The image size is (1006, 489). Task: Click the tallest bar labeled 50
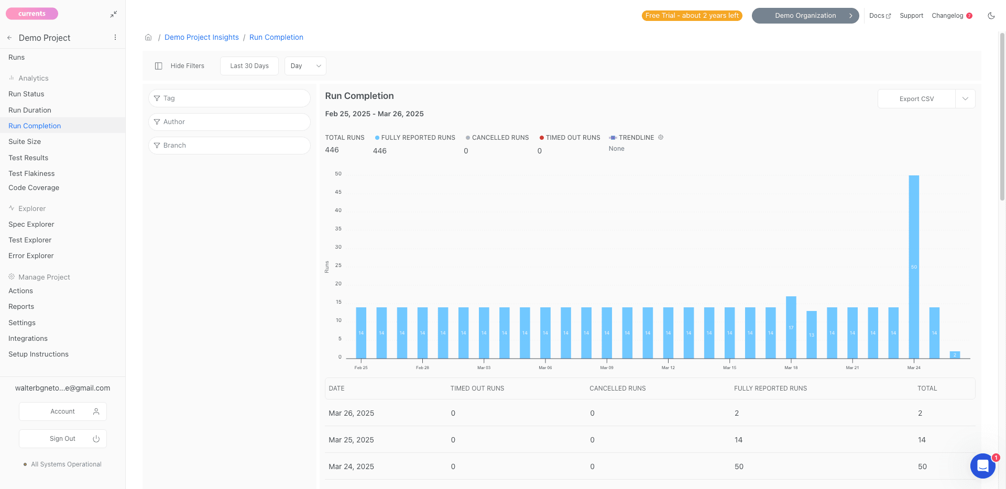[x=914, y=267]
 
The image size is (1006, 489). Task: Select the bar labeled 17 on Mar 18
[x=791, y=327]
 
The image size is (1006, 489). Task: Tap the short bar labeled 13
[x=812, y=335]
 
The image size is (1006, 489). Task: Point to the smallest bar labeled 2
[x=955, y=355]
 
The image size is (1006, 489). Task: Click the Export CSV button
[x=916, y=99]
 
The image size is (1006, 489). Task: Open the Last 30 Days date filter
[x=249, y=66]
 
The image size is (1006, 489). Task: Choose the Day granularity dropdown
[x=305, y=66]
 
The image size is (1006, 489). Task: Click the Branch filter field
[x=229, y=146]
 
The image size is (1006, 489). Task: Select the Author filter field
[x=229, y=122]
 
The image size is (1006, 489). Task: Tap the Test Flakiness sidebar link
[x=31, y=173]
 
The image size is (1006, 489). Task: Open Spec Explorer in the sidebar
[x=31, y=224]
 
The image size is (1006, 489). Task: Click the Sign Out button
[x=63, y=439]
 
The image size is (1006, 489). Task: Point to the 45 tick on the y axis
[x=338, y=192]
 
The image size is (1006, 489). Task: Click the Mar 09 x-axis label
[x=607, y=368]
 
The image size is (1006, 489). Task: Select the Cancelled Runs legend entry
[x=497, y=138]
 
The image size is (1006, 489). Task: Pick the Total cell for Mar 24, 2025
[x=922, y=466]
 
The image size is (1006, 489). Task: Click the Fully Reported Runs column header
[x=770, y=388]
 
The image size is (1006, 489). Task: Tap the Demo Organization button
[x=805, y=16]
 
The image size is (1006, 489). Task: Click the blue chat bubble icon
[x=983, y=465]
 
